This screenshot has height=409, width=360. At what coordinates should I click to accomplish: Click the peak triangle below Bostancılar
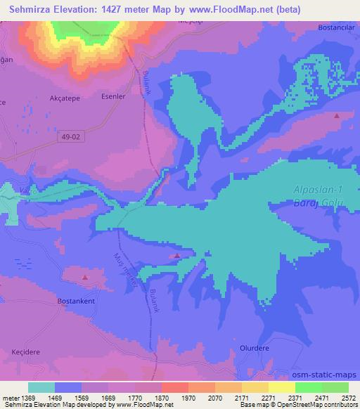336,116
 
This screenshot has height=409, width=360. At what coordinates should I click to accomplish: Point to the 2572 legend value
348,398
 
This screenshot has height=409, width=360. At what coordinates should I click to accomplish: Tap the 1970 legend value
188,398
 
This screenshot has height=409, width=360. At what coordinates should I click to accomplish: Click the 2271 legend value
268,398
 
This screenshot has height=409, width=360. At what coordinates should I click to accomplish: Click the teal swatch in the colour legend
41,387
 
